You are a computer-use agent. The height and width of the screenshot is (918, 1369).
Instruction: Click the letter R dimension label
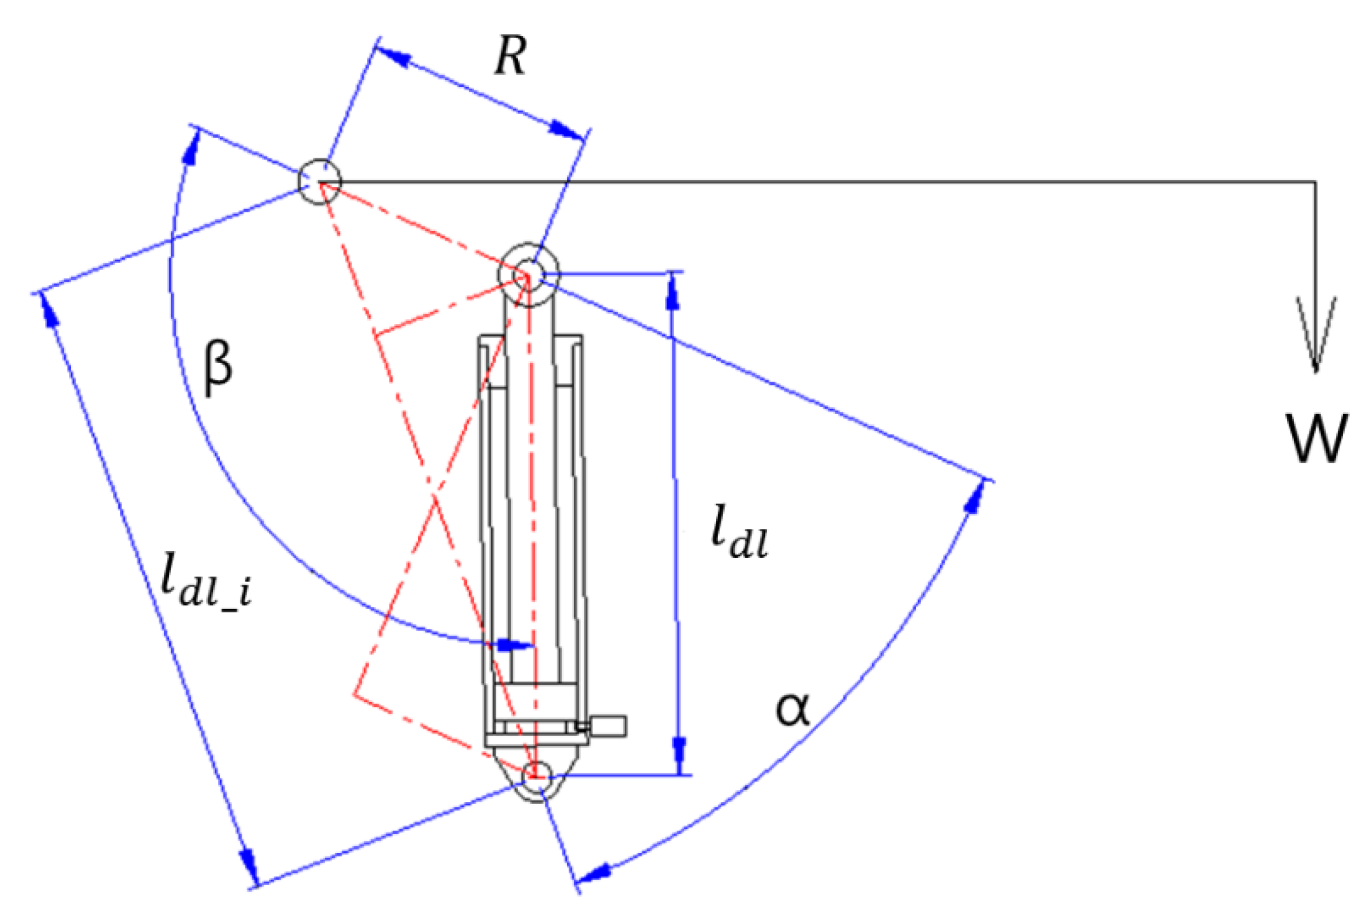tap(511, 56)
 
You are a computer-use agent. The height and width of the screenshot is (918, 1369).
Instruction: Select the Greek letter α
tap(793, 709)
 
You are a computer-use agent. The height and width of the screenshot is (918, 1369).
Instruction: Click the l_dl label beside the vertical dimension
tap(739, 533)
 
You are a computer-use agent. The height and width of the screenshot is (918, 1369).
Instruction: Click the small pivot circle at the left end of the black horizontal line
tap(319, 181)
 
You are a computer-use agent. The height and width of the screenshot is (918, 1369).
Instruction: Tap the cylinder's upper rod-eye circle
tap(529, 274)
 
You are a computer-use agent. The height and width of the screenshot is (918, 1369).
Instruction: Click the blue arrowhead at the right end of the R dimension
tap(566, 130)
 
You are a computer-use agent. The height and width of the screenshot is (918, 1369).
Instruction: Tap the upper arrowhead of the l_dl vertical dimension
tap(672, 292)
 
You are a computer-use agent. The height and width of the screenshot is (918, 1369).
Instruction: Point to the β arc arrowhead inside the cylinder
tap(514, 645)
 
